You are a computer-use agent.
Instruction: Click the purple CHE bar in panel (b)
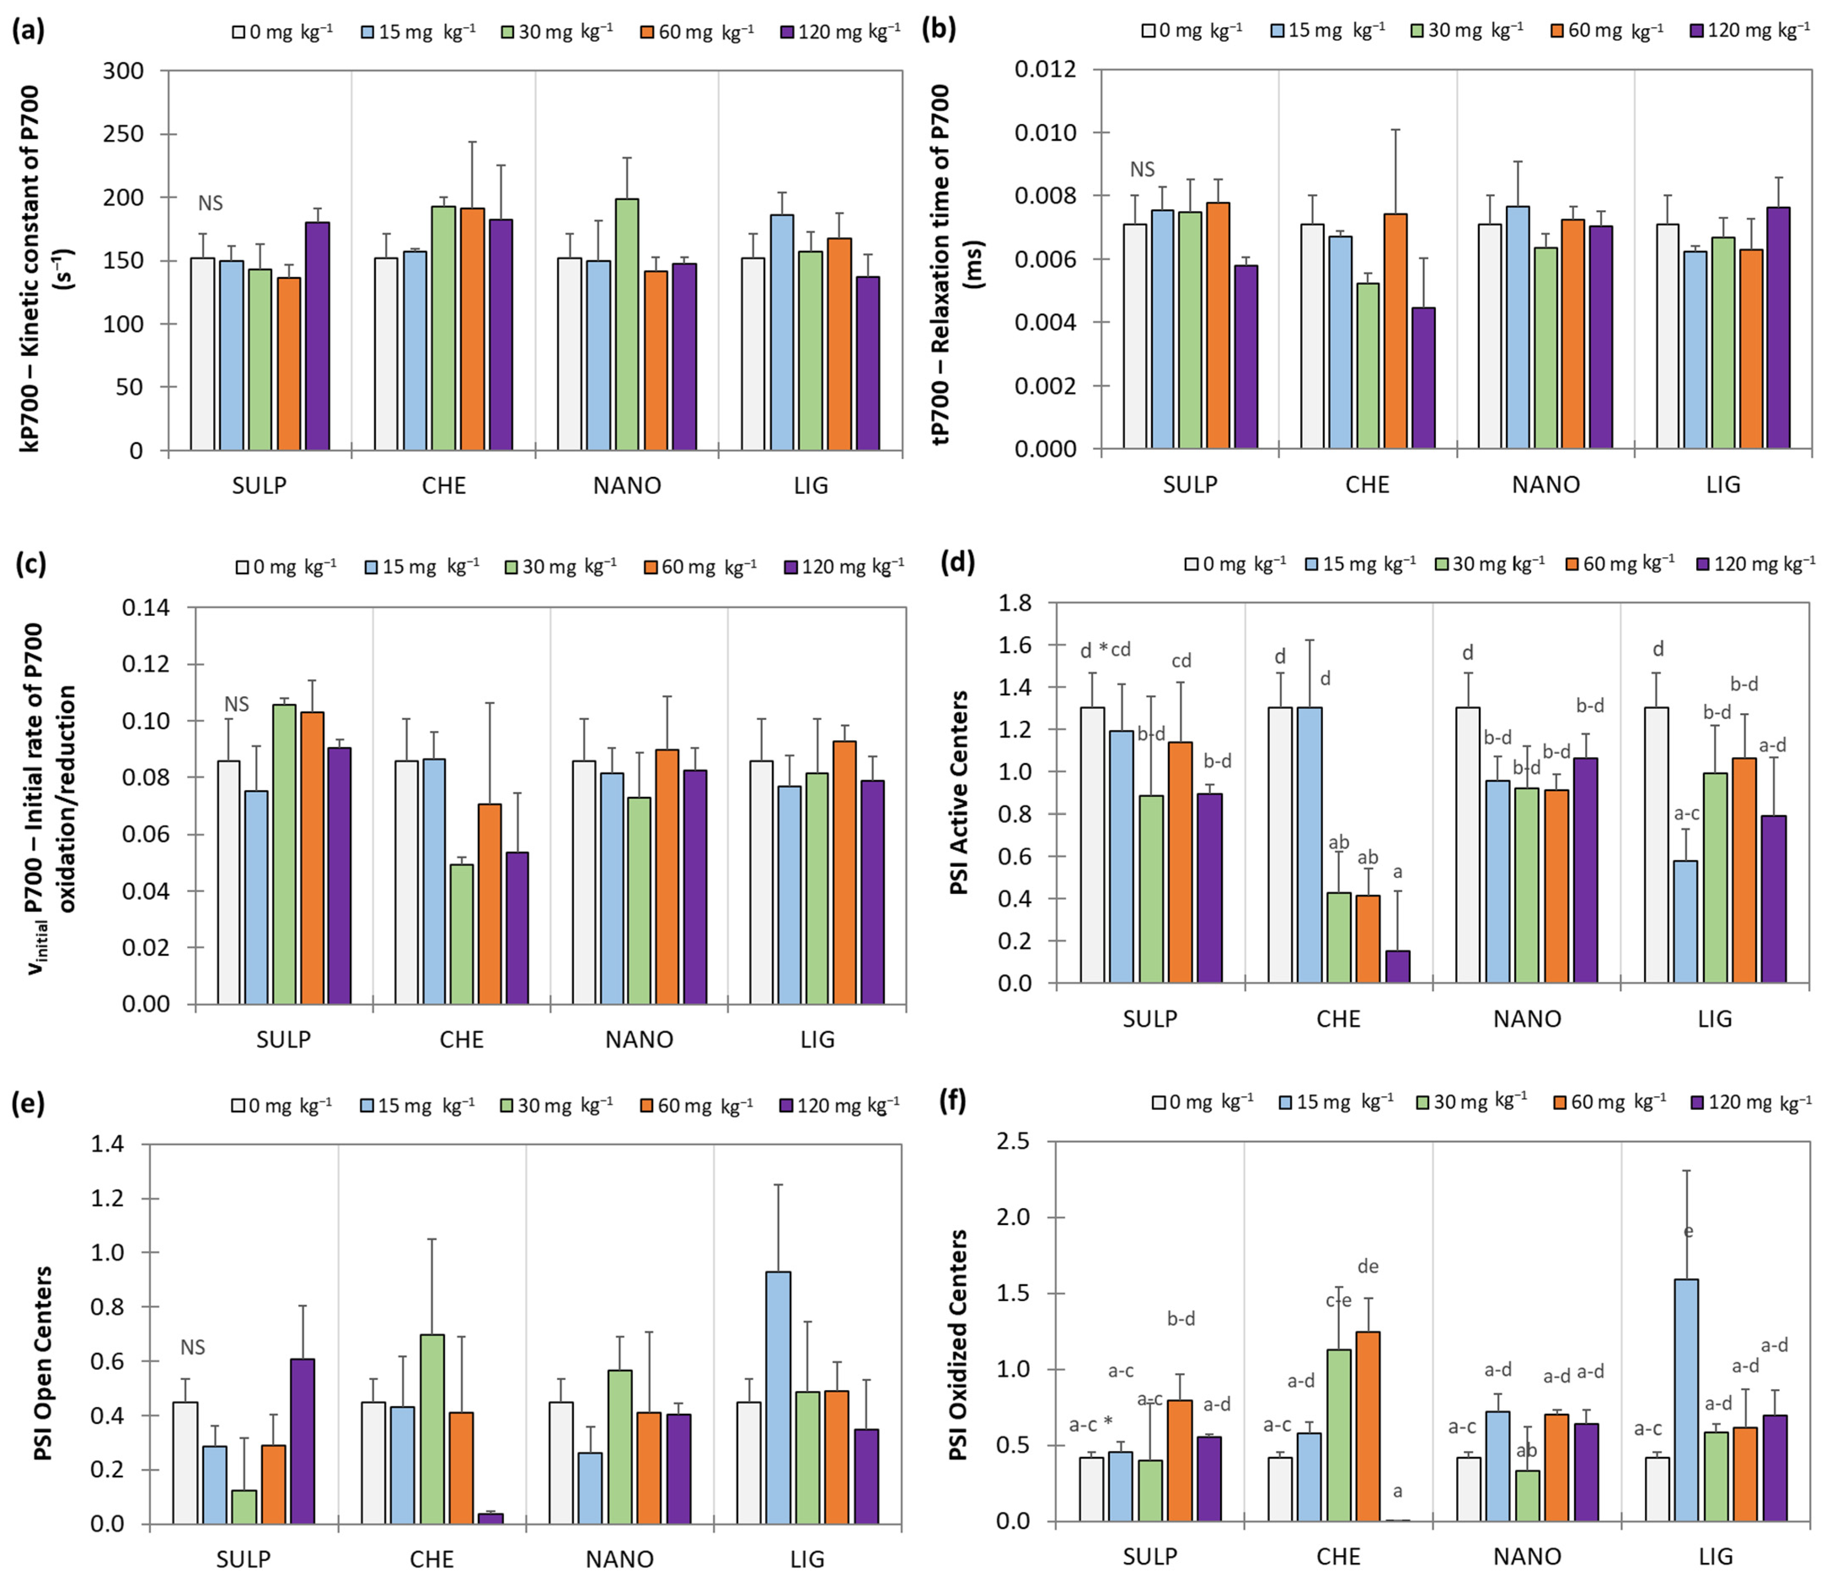pyautogui.click(x=1423, y=378)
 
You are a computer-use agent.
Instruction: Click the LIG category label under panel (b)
pyautogui.click(x=1723, y=484)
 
